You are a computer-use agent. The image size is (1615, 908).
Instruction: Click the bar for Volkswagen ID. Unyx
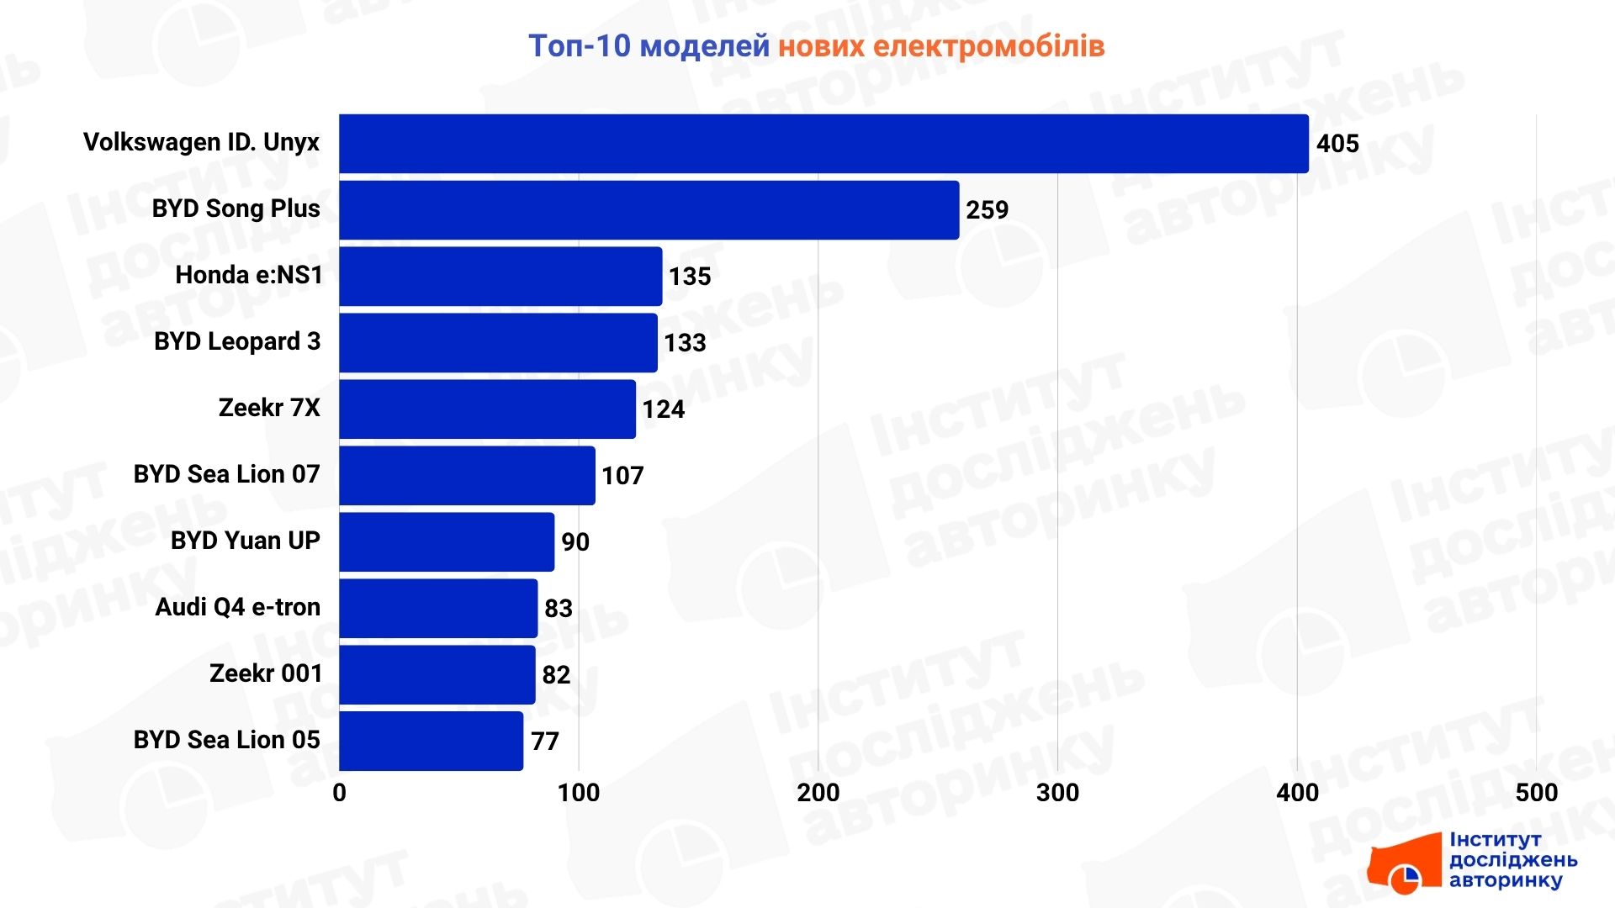pos(823,144)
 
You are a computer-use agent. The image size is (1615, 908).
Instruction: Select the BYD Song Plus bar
pos(649,210)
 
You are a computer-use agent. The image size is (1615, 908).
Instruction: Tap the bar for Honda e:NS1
pos(500,277)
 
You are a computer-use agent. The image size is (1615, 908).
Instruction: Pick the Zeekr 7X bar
pos(487,409)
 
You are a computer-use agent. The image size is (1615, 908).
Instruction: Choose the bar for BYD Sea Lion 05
pos(431,741)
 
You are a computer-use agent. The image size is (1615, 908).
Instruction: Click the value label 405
pos(1337,144)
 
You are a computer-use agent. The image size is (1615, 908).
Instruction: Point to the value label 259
pos(987,210)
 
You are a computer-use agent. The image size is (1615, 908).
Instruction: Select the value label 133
pos(685,343)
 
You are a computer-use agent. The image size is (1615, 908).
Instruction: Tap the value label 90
pos(575,542)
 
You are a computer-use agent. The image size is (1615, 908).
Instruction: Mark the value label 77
pos(544,742)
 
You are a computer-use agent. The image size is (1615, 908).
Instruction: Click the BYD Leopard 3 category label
pos(237,341)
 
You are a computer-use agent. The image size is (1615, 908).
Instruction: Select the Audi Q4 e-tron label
pos(238,607)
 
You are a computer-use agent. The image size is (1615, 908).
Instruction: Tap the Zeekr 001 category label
pos(266,673)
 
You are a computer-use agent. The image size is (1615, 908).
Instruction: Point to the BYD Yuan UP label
pos(246,541)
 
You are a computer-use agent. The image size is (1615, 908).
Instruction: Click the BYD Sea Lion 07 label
pos(227,474)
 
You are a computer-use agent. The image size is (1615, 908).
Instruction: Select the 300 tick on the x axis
pos(1057,793)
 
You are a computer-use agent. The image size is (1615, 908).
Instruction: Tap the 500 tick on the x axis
pos(1536,793)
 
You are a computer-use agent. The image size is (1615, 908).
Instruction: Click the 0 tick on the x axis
pos(340,793)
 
